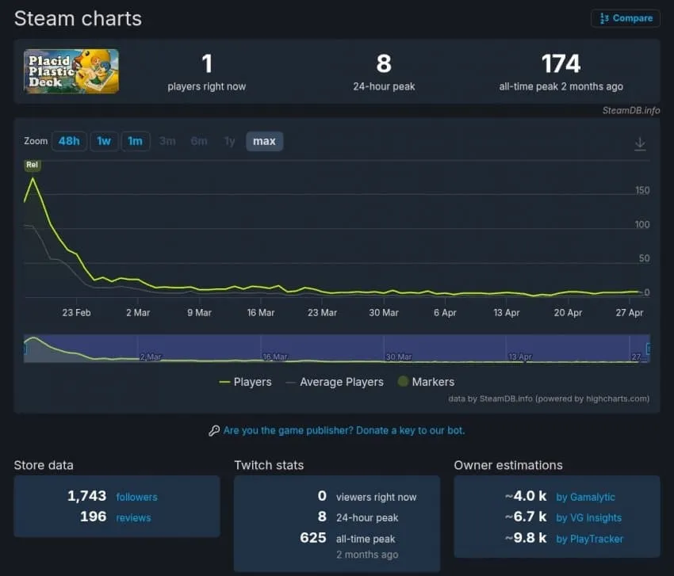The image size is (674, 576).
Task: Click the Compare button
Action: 626,18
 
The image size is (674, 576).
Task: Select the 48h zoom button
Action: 69,141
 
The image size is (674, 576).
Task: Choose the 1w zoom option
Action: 104,141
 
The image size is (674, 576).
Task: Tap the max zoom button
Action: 264,141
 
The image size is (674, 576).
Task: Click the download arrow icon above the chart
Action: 640,143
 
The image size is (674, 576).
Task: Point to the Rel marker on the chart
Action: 33,165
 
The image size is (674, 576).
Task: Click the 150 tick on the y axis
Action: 642,190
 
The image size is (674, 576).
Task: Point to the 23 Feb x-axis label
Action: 76,313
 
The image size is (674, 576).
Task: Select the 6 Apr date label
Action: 445,313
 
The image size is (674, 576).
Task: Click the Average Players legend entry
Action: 335,382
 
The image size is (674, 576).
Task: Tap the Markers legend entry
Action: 426,382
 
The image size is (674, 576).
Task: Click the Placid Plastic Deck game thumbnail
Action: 71,71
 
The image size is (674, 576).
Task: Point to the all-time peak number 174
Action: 561,63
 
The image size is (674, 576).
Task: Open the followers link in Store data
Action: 136,497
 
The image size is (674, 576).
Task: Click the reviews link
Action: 133,518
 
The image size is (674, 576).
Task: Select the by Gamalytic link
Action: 585,497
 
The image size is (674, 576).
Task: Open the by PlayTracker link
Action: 589,539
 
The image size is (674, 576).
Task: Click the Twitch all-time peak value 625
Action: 313,538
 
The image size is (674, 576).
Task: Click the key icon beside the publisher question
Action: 214,430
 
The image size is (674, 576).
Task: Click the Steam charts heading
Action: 78,19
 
